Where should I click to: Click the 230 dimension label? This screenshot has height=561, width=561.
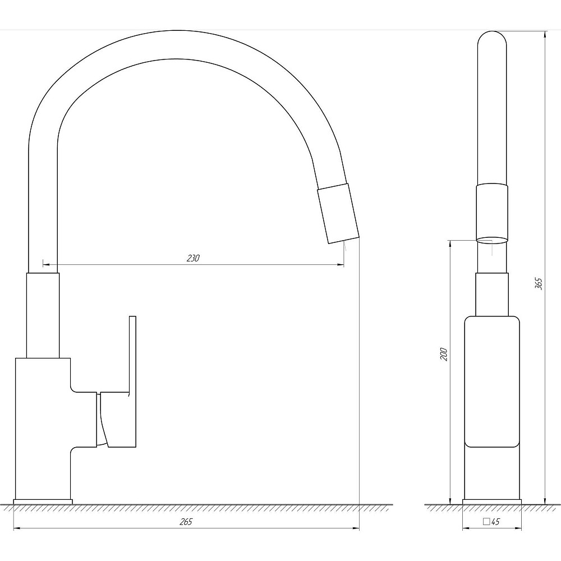click(x=193, y=258)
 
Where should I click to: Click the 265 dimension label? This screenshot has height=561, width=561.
click(x=186, y=522)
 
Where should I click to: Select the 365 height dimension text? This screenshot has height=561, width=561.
click(x=539, y=283)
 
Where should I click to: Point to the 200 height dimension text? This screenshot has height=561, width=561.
click(x=444, y=354)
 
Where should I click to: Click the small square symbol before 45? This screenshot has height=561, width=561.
click(x=486, y=521)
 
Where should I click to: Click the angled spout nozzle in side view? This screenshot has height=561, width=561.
click(x=338, y=214)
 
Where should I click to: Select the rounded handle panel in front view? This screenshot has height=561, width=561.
click(x=492, y=381)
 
